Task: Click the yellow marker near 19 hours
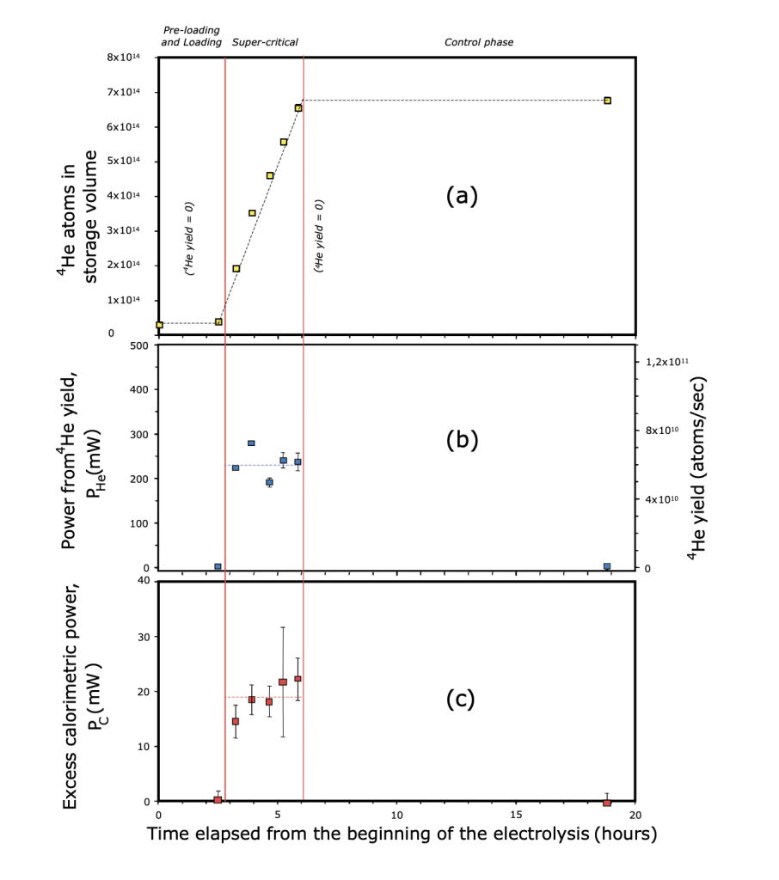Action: tap(607, 101)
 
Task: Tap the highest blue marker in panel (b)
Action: tap(251, 443)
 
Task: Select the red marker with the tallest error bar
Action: tap(283, 682)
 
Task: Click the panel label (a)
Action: tap(461, 196)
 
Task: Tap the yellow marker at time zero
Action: tap(160, 325)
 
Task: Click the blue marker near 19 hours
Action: tap(607, 567)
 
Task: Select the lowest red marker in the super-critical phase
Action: tap(236, 721)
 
